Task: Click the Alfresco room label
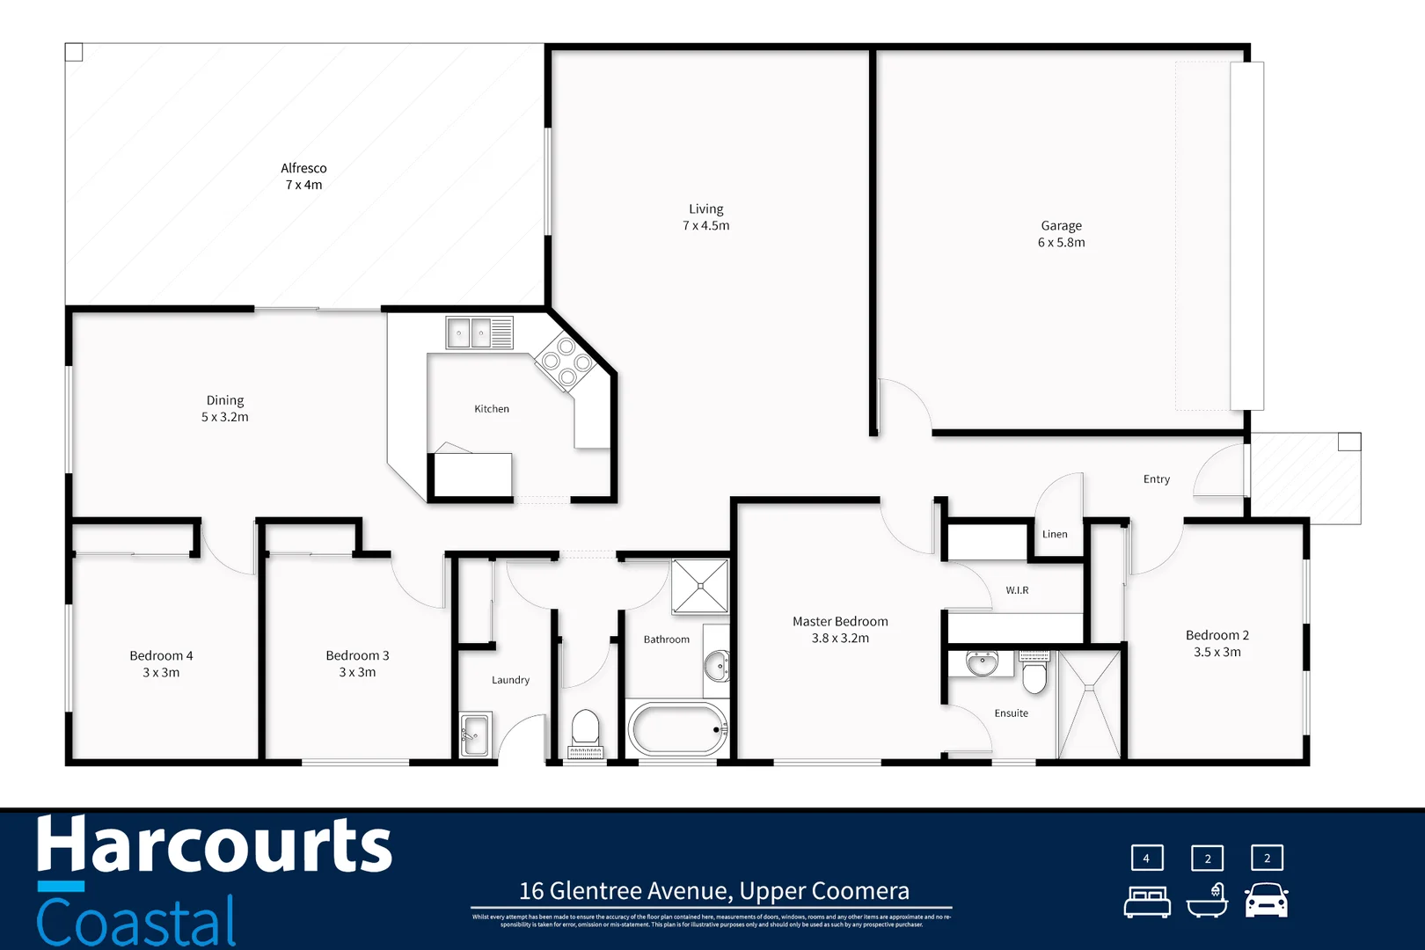click(303, 168)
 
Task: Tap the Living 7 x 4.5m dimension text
click(705, 226)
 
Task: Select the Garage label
click(1061, 226)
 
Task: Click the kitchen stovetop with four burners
click(566, 362)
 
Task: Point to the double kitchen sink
click(470, 333)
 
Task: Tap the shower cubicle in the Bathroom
click(700, 586)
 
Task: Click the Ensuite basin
click(982, 664)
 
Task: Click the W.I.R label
click(1017, 590)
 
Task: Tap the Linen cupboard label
click(1055, 534)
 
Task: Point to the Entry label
click(1156, 479)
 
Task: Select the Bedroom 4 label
click(161, 655)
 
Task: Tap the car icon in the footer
click(1267, 902)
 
